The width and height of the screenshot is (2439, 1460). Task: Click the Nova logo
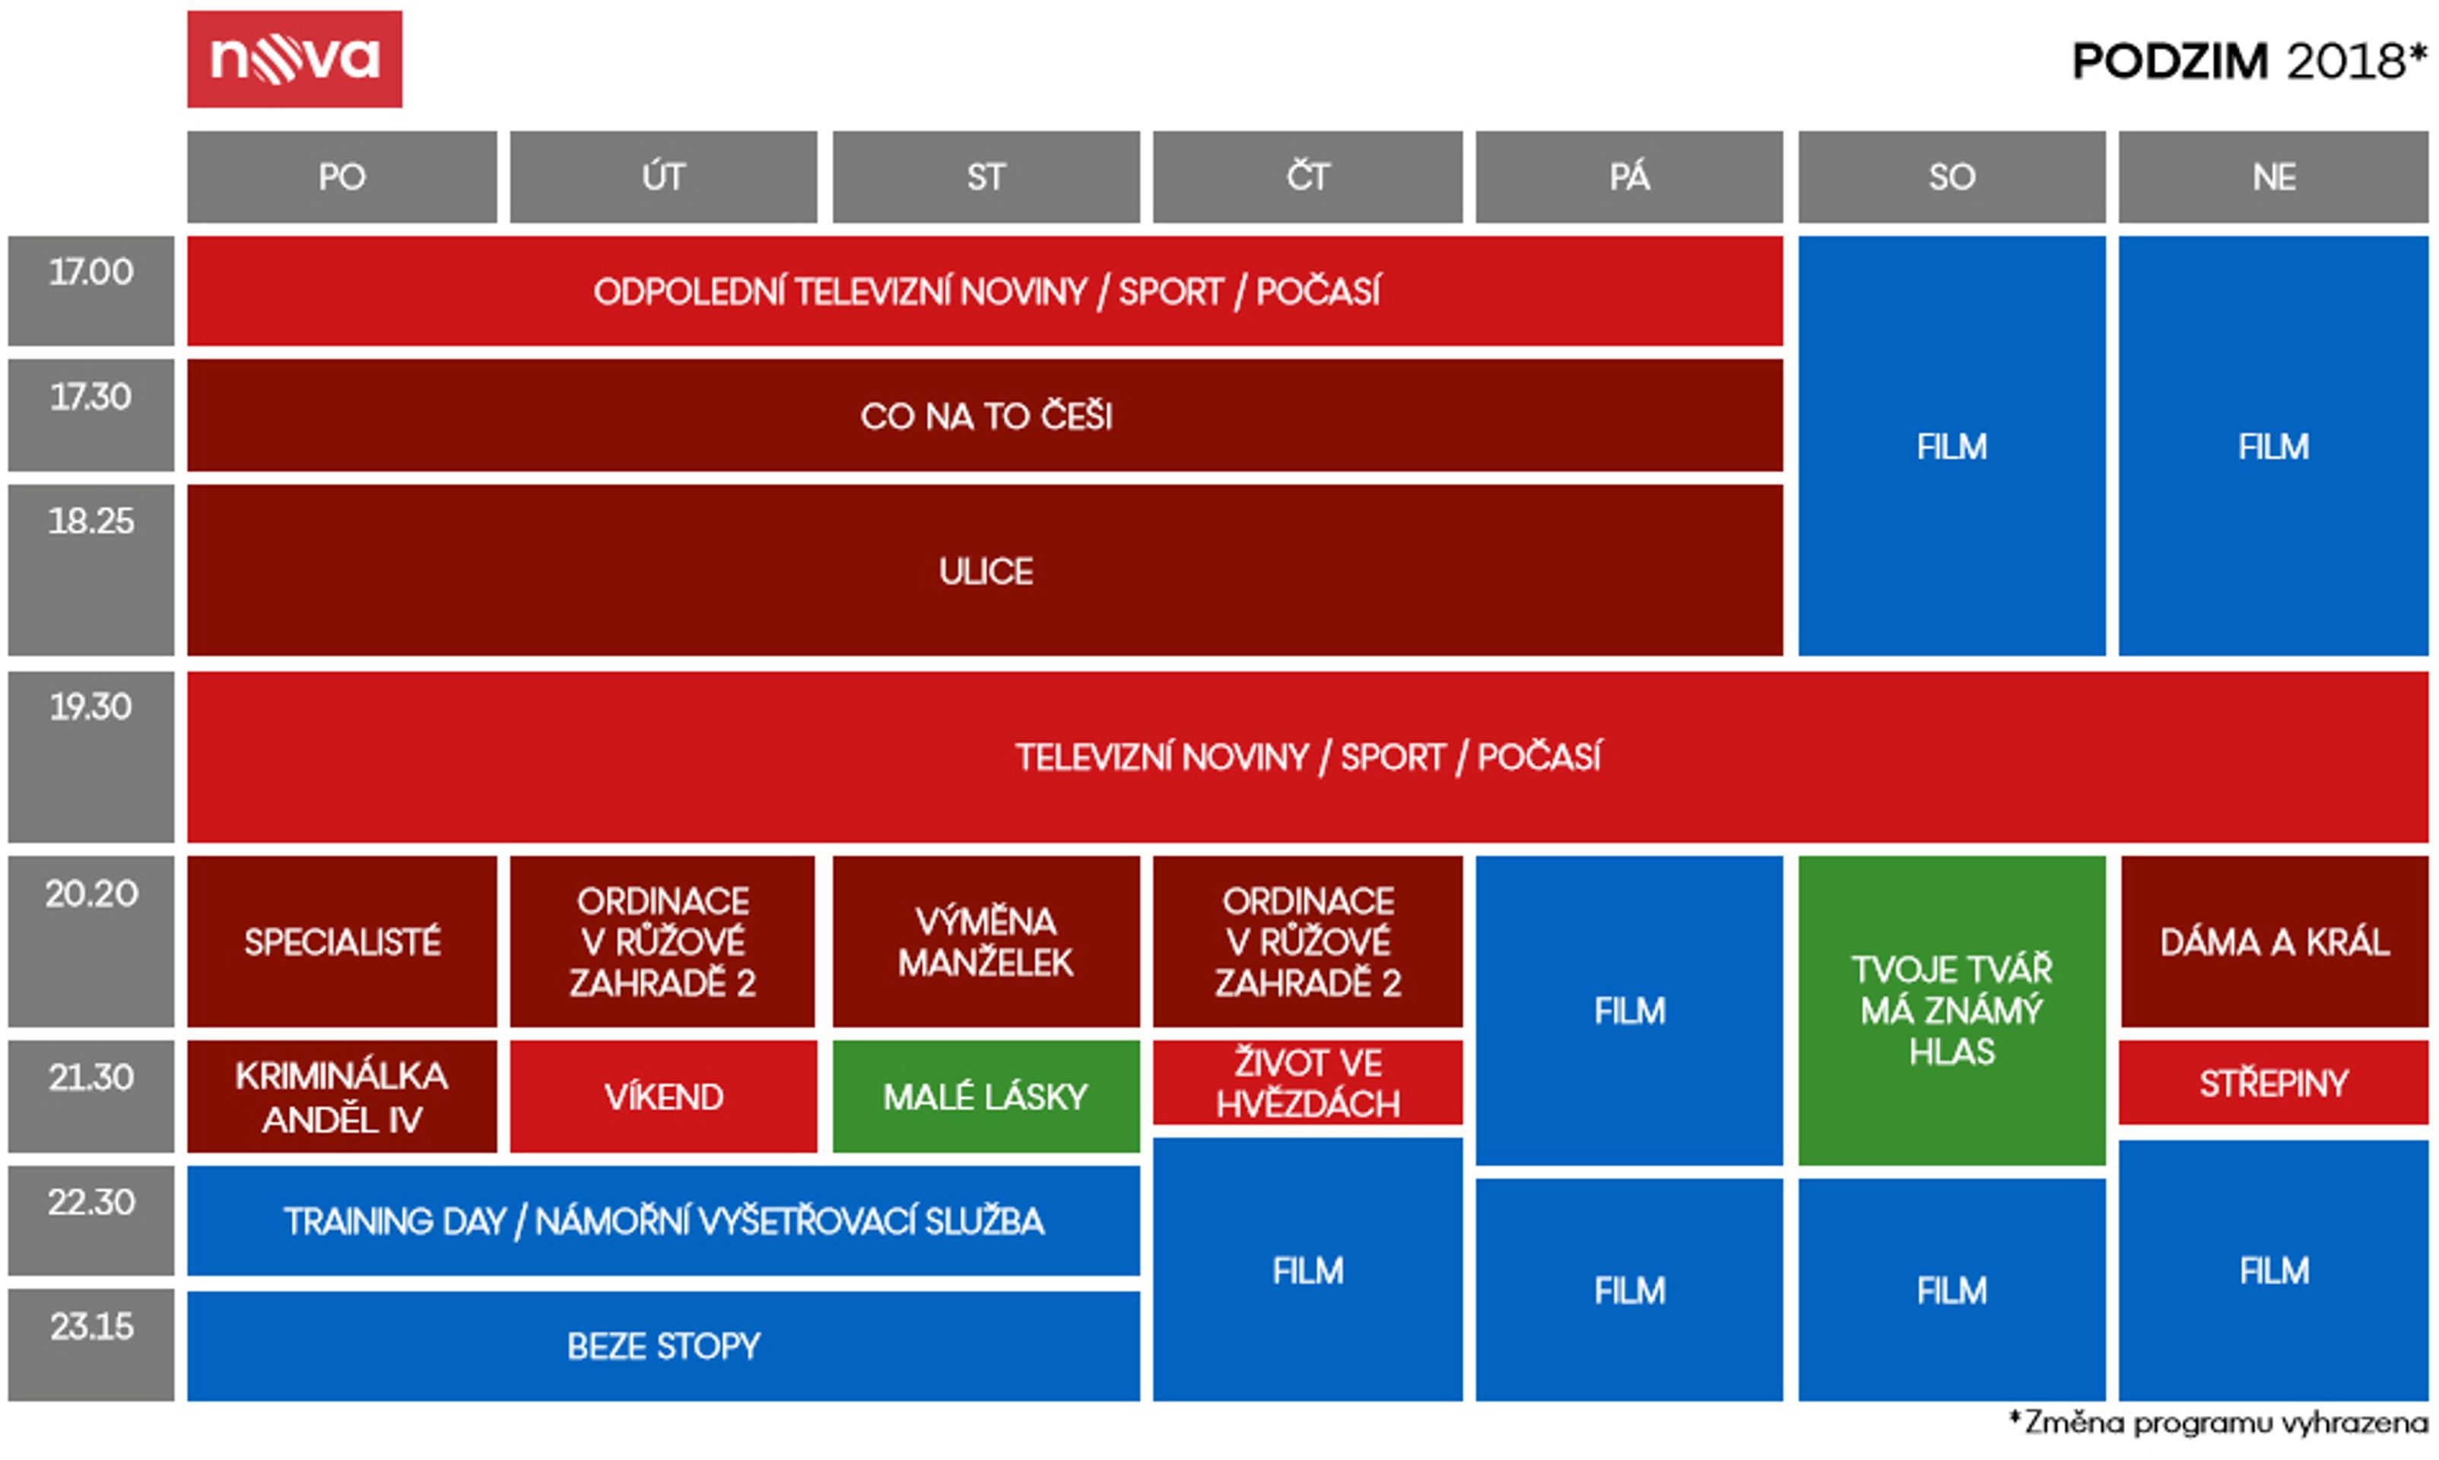294,59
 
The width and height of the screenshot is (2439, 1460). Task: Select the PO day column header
341,177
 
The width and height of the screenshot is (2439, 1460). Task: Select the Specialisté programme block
341,941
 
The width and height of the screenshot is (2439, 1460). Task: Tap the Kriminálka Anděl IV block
341,1096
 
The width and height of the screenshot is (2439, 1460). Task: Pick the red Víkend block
663,1096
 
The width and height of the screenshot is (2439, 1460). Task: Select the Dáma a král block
2274,941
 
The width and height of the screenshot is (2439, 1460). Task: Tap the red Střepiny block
2274,1082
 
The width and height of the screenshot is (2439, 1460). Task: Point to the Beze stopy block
663,1346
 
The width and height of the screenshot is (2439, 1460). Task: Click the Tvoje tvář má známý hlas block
1952,1011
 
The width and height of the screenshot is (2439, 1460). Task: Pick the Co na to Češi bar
985,415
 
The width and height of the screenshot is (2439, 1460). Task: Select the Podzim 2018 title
2249,61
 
